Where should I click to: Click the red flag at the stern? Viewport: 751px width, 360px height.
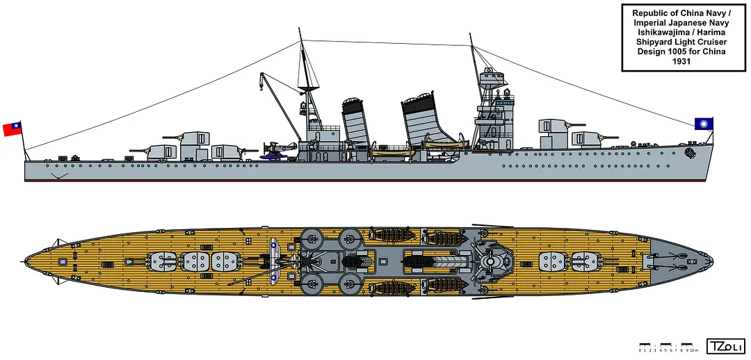click(12, 129)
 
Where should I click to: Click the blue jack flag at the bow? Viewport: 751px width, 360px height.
click(704, 124)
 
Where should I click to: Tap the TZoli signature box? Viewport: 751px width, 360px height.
click(723, 346)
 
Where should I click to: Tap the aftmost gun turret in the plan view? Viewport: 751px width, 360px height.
click(163, 262)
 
